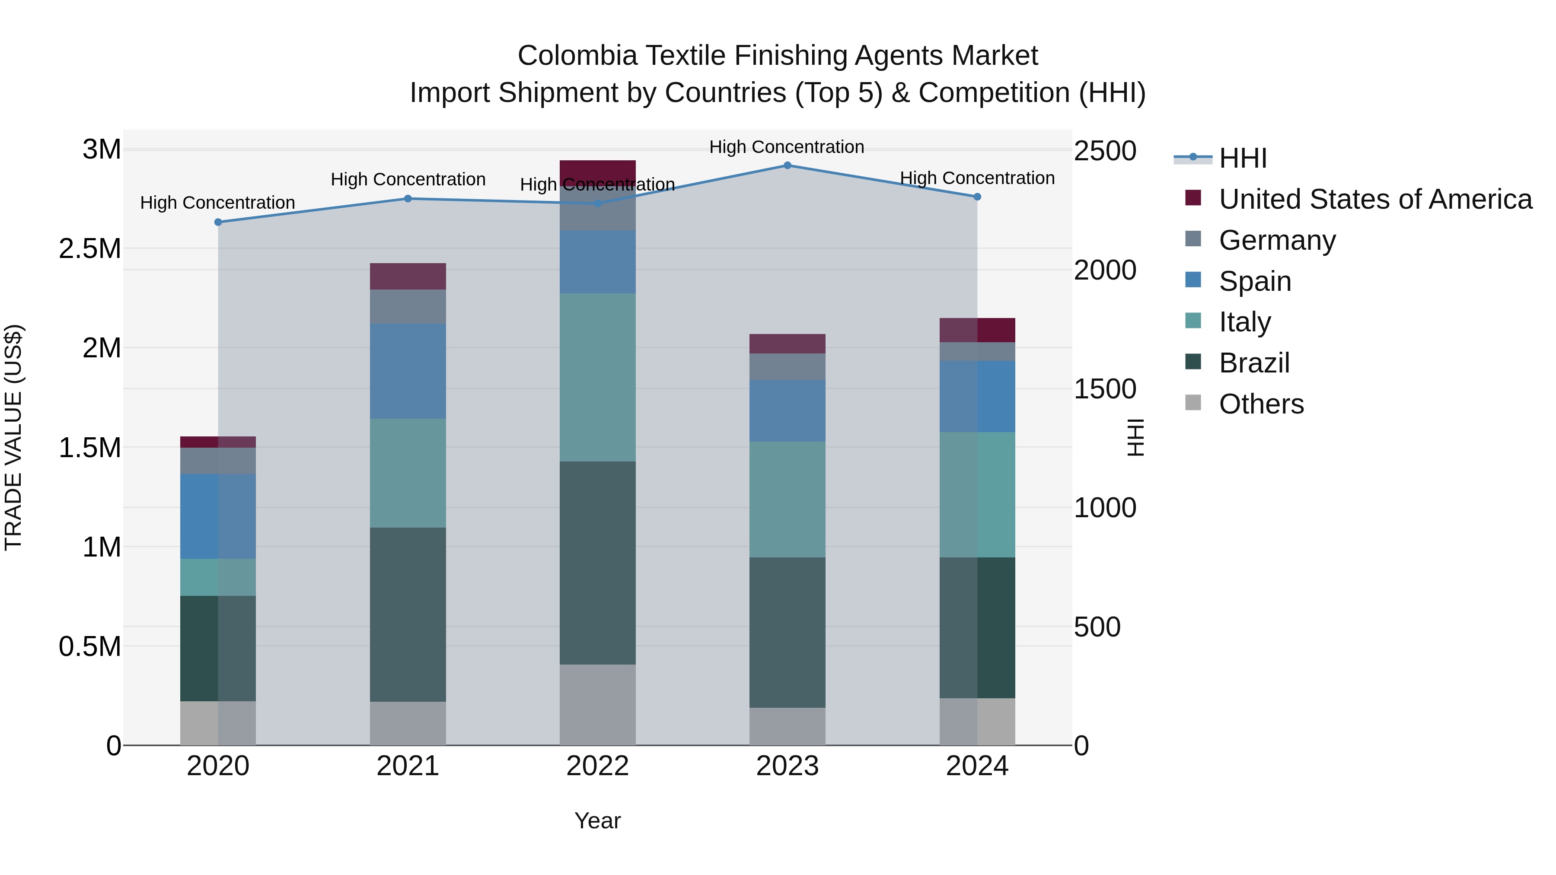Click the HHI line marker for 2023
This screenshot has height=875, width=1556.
787,165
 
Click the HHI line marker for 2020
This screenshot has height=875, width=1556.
218,222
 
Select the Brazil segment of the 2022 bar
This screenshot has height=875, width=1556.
597,563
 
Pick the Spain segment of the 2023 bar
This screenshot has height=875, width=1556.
787,410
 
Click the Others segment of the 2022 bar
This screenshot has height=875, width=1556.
597,705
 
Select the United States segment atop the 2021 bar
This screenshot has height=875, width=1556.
408,276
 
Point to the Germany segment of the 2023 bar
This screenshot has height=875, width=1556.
787,366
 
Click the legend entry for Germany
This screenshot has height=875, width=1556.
1277,240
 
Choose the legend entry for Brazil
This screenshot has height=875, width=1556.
1254,363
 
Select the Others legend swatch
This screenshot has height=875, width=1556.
1193,402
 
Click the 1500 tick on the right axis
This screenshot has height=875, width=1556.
1105,389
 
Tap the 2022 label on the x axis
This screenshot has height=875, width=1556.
597,766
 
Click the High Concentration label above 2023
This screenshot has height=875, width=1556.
787,147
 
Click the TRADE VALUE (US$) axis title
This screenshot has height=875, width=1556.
13,437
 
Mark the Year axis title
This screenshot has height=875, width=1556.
597,821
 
